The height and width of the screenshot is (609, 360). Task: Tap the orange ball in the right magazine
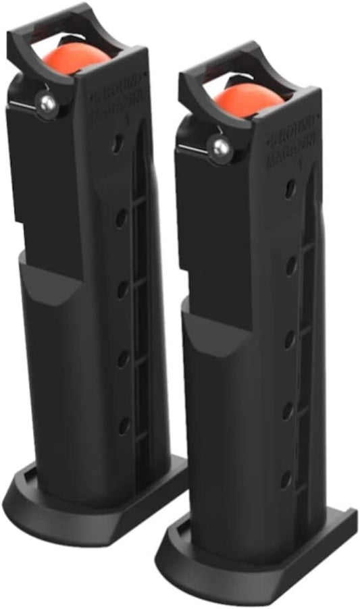(x=248, y=99)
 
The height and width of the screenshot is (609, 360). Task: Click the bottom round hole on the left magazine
(x=124, y=425)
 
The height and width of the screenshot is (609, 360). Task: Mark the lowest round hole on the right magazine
(x=286, y=479)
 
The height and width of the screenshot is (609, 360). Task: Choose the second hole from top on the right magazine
(x=290, y=265)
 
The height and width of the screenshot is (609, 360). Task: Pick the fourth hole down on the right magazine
(x=286, y=409)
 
